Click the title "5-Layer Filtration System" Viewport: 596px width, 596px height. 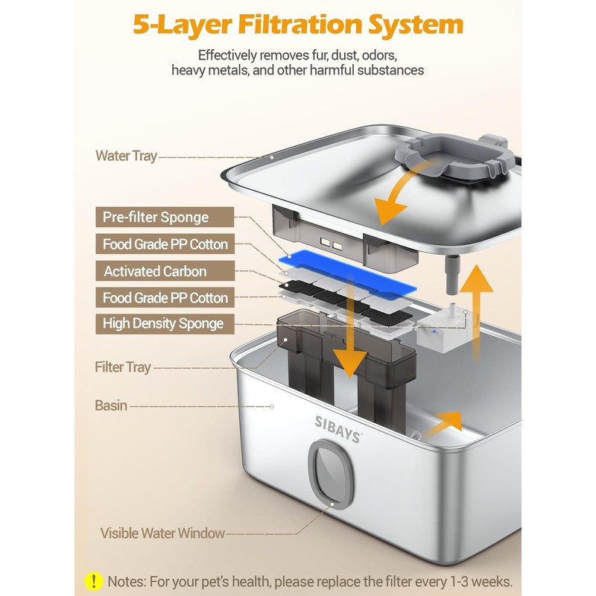click(x=298, y=24)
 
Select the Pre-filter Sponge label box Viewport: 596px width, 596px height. click(x=161, y=218)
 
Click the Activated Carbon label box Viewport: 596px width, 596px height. click(x=161, y=271)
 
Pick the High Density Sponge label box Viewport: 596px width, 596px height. click(x=161, y=324)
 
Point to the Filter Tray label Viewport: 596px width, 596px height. click(x=123, y=367)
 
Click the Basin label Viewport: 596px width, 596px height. click(x=111, y=406)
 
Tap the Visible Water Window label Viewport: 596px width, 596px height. click(x=162, y=533)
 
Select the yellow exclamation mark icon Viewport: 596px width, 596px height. click(x=94, y=580)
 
